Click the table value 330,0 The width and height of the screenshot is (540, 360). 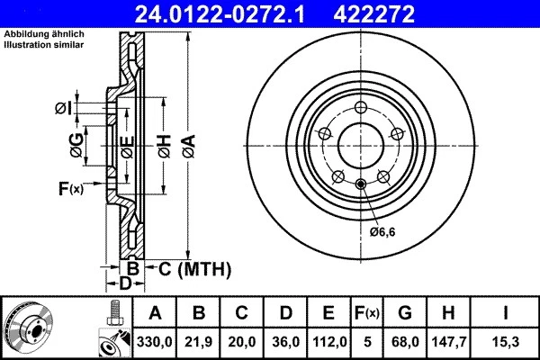pyautogui.click(x=155, y=341)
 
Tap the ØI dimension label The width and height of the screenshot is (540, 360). pyautogui.click(x=62, y=109)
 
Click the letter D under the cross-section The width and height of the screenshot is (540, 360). pyautogui.click(x=126, y=283)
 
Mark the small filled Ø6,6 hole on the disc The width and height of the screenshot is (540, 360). pyautogui.click(x=360, y=185)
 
